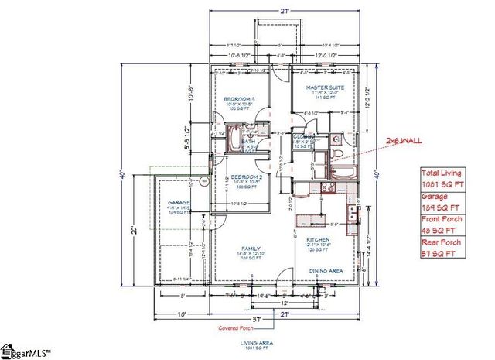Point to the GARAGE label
click(179, 203)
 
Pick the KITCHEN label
click(318, 240)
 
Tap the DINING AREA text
click(326, 269)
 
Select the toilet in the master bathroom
click(337, 140)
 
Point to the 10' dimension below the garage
click(183, 314)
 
